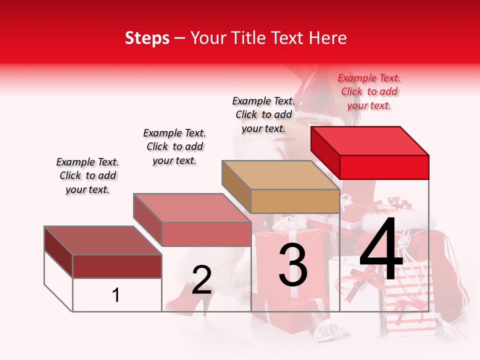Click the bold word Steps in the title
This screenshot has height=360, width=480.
tap(147, 38)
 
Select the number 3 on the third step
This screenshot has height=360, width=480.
tap(293, 265)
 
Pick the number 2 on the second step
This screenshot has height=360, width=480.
tap(201, 280)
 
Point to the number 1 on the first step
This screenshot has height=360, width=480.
tap(116, 295)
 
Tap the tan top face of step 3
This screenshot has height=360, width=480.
tap(280, 175)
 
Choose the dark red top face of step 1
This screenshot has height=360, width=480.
tap(102, 240)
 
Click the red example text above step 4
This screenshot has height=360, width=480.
tap(369, 91)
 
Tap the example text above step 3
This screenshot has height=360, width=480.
tap(263, 114)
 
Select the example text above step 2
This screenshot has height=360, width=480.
tap(174, 146)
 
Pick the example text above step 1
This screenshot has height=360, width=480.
tap(87, 175)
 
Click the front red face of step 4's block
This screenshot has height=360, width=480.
tap(384, 167)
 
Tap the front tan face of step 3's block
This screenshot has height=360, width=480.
tap(295, 201)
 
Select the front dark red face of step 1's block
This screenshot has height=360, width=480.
tap(117, 266)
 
